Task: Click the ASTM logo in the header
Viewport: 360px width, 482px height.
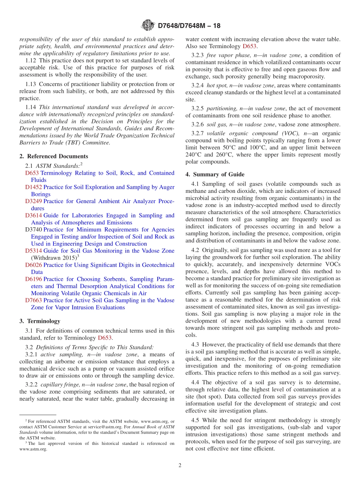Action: pos(148,26)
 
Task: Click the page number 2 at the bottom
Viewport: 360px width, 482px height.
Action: pos(180,465)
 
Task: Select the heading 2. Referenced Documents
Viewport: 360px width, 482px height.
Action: pos(54,156)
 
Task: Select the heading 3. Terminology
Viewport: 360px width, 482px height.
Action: pos(40,321)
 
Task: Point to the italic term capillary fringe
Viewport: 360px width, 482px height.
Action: pos(56,385)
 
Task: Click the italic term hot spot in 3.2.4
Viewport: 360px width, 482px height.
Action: pos(217,86)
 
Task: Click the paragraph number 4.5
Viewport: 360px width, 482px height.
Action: pos(196,420)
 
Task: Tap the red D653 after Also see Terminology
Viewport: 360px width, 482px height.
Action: pos(249,46)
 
